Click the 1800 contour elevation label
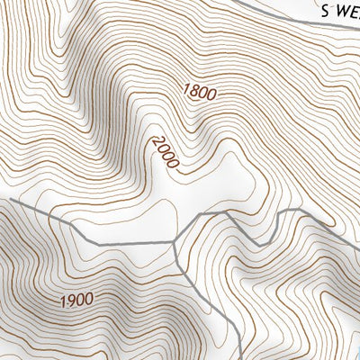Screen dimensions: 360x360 [201, 91]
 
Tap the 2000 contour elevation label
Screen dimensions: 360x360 [166, 152]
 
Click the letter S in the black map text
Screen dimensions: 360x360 [326, 10]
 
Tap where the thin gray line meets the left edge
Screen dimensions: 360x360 [1, 204]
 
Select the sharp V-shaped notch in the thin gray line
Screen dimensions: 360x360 [259, 244]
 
